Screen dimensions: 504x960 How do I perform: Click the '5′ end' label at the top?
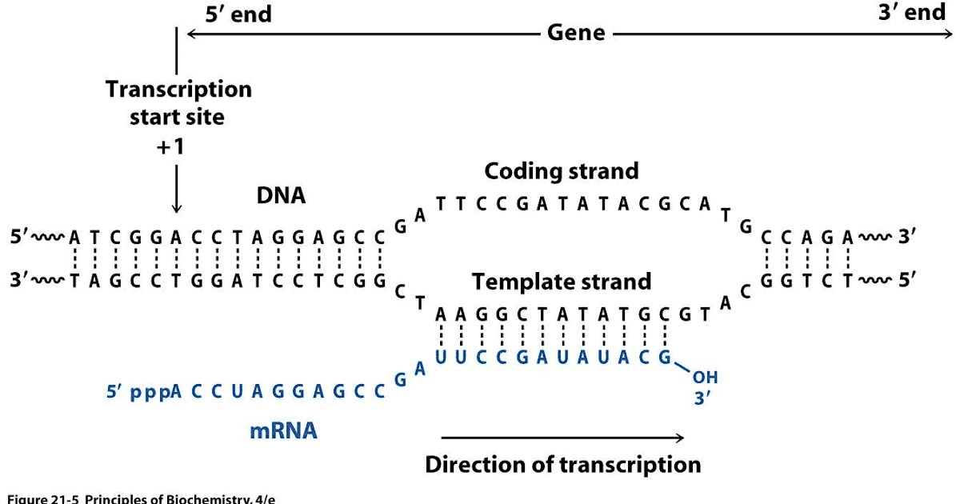point(238,14)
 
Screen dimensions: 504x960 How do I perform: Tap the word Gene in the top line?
point(576,34)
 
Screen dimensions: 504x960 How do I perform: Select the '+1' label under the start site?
point(176,148)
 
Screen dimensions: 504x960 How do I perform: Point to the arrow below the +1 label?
point(176,189)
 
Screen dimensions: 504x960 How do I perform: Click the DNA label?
point(281,195)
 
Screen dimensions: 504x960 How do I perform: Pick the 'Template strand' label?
point(561,282)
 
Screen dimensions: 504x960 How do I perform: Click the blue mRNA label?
point(283,431)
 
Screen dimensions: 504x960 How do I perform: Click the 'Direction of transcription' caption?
point(562,465)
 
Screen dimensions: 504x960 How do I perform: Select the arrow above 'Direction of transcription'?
point(562,438)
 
